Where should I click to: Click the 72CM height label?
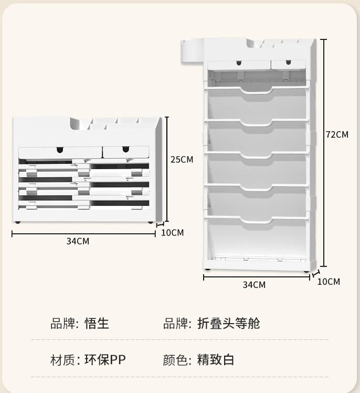(x=337, y=135)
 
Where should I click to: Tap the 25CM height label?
(x=182, y=159)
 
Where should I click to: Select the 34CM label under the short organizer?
(x=78, y=241)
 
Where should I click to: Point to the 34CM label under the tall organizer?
(x=254, y=285)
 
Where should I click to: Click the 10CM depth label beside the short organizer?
(x=172, y=232)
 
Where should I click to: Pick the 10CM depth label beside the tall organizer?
(x=329, y=282)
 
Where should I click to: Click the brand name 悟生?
(x=97, y=323)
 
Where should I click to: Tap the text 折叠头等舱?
(x=228, y=323)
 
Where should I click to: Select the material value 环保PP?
(x=105, y=360)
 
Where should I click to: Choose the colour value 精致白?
(x=216, y=360)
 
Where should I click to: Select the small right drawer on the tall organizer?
(x=288, y=64)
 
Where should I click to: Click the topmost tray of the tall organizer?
(x=257, y=92)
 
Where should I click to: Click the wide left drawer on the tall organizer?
(x=239, y=64)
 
